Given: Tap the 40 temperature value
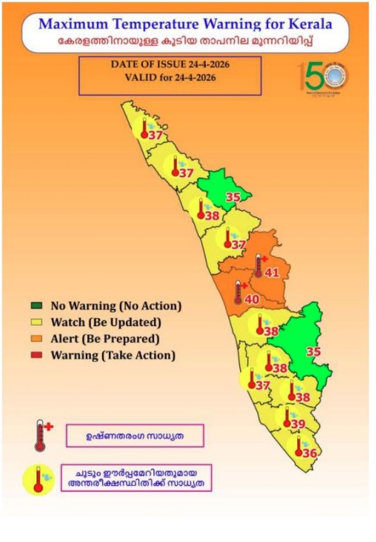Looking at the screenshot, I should point(251,299).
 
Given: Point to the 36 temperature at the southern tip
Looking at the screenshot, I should point(309,453).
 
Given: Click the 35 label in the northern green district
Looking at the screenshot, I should point(233,197).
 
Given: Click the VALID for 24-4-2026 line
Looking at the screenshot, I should point(170,78).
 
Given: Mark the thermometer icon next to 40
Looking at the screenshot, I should point(238,292).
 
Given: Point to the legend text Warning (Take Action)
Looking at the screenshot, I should point(113,355).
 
